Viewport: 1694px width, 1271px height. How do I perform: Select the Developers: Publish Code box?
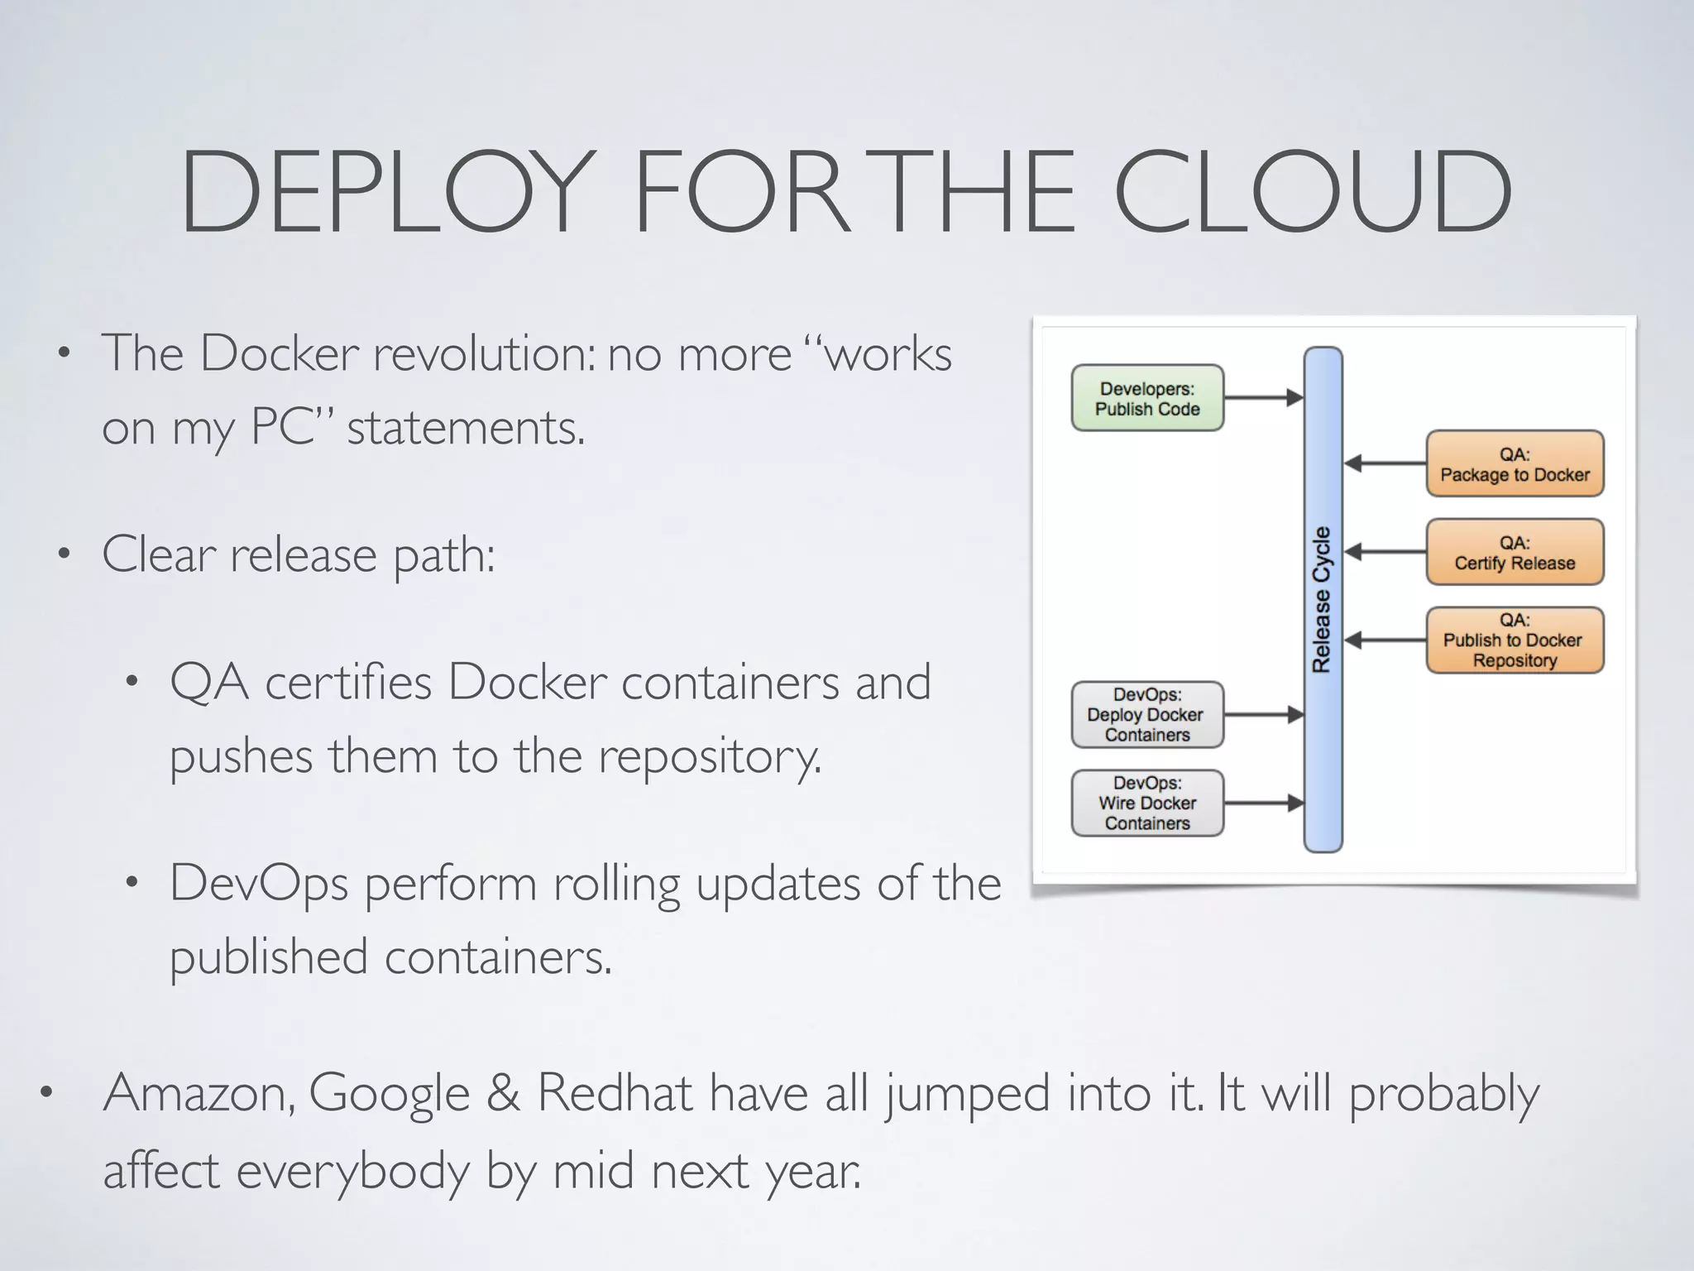click(1146, 398)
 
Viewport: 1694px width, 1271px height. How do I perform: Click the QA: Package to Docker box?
click(1514, 464)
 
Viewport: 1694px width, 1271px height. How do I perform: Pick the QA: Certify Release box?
click(1514, 553)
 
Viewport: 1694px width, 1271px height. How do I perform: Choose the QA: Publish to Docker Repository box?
click(1514, 640)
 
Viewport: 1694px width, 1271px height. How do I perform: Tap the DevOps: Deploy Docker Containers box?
click(1146, 715)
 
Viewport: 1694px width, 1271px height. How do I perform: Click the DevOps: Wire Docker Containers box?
click(1146, 803)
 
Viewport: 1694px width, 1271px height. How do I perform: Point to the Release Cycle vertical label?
click(1322, 599)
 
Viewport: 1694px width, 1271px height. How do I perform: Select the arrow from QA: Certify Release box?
click(1385, 552)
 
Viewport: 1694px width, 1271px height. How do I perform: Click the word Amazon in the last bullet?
click(199, 1094)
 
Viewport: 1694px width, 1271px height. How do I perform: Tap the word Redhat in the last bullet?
click(614, 1094)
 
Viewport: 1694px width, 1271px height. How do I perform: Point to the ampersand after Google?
click(503, 1094)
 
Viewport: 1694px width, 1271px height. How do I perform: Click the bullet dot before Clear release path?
click(64, 554)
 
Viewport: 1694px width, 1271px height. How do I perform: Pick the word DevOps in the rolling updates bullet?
click(258, 884)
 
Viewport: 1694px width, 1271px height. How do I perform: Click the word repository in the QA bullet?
click(709, 757)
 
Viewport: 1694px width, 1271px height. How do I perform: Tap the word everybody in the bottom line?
click(352, 1172)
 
